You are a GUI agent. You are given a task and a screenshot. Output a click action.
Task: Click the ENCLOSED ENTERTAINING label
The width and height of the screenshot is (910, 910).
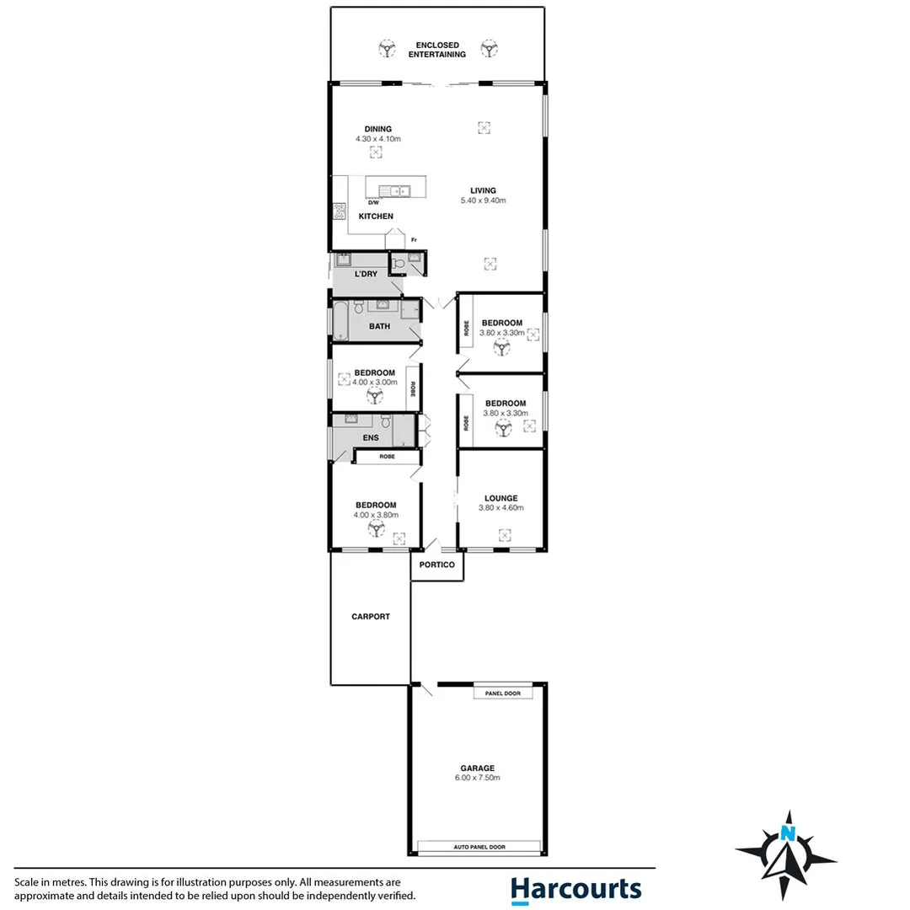pyautogui.click(x=436, y=49)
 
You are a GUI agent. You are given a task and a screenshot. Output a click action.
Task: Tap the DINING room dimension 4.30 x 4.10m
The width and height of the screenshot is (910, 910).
pyautogui.click(x=377, y=139)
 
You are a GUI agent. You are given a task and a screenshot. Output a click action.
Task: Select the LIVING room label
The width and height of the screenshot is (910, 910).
pyautogui.click(x=483, y=190)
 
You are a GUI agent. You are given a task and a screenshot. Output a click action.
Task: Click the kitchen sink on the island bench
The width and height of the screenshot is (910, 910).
pyautogui.click(x=393, y=190)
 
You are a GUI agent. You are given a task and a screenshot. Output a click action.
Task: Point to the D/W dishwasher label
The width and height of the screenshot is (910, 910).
pyautogui.click(x=372, y=203)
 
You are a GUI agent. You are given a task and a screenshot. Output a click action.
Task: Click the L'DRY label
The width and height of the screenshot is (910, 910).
pyautogui.click(x=366, y=274)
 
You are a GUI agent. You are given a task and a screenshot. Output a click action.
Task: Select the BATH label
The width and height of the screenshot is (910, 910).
pyautogui.click(x=379, y=326)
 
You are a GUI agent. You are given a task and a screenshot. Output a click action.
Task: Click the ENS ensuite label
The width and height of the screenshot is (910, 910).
pyautogui.click(x=370, y=437)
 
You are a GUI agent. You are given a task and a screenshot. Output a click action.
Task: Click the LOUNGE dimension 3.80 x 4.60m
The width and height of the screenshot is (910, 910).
pyautogui.click(x=500, y=508)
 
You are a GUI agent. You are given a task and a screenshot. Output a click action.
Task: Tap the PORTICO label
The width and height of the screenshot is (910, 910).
pyautogui.click(x=436, y=565)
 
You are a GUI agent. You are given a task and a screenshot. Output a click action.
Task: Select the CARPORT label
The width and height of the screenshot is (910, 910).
pyautogui.click(x=371, y=617)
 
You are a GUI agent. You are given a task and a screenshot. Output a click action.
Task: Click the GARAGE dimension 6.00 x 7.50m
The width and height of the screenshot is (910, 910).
pyautogui.click(x=477, y=778)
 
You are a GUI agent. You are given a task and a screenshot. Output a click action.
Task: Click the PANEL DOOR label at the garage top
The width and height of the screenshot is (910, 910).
pyautogui.click(x=502, y=693)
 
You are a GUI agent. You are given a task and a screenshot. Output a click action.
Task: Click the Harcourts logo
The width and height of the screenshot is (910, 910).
pyautogui.click(x=575, y=889)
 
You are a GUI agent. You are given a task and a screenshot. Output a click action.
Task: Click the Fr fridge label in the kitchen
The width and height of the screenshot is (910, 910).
pyautogui.click(x=415, y=240)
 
